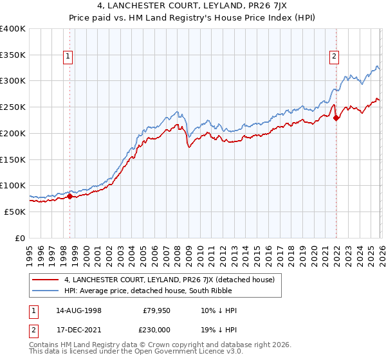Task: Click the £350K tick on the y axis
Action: (x=13, y=55)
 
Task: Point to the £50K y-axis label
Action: (x=15, y=212)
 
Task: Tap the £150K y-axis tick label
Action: (x=13, y=159)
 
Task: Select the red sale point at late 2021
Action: (x=336, y=118)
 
